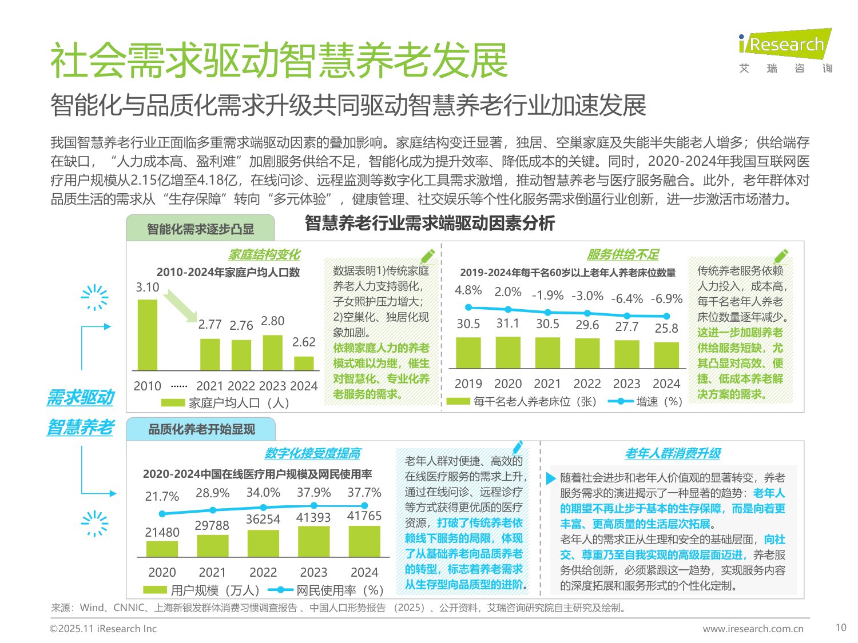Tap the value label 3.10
(x=147, y=287)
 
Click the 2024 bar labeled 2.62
(x=304, y=364)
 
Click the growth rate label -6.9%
(x=666, y=298)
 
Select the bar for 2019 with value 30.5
(x=468, y=353)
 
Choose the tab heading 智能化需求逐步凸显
(x=200, y=229)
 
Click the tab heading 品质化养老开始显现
(x=201, y=429)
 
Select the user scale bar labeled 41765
(x=364, y=541)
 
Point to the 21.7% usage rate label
(x=162, y=496)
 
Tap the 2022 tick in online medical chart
(x=263, y=572)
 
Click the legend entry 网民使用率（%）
(x=326, y=590)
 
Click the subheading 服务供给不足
(x=622, y=255)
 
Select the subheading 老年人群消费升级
(x=672, y=453)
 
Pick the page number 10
(x=840, y=628)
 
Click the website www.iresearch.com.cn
(x=753, y=629)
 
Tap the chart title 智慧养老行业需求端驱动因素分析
(x=430, y=223)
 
